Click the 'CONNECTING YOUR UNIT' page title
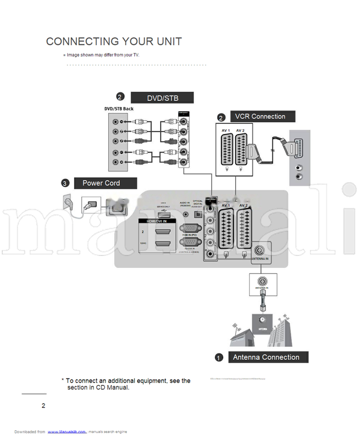coord(114,41)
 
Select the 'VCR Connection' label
coord(260,117)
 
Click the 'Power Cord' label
coord(101,183)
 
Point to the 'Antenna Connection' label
coord(266,357)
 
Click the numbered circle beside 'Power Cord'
coord(64,183)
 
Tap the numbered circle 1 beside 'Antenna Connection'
coord(219,358)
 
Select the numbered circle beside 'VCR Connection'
coord(221,117)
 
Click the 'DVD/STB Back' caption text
coord(119,109)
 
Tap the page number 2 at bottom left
coord(43,406)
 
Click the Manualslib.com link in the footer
coord(67,431)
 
